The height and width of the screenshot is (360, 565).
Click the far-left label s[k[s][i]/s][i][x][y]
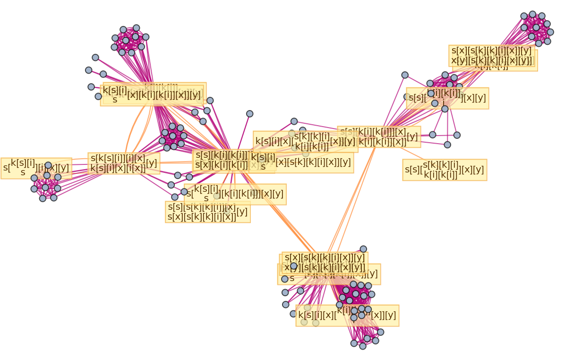(x=19, y=168)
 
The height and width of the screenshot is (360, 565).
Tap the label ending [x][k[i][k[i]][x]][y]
(x=156, y=95)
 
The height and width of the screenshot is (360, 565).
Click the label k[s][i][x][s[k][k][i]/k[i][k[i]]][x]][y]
(x=305, y=141)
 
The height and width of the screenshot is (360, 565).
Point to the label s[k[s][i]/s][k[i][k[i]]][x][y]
(x=235, y=194)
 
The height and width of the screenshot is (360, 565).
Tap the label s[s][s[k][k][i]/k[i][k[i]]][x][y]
(x=445, y=170)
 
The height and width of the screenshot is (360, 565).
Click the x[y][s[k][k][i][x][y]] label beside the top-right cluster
(x=491, y=60)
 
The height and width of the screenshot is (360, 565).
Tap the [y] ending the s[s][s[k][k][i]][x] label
(x=241, y=212)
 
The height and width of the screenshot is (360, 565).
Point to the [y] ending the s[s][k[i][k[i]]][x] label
(x=412, y=137)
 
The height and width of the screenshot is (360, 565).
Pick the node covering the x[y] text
(x=293, y=266)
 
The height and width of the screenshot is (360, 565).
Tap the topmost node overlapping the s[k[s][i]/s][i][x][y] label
(x=48, y=165)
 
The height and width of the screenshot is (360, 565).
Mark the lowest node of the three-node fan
(x=447, y=145)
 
